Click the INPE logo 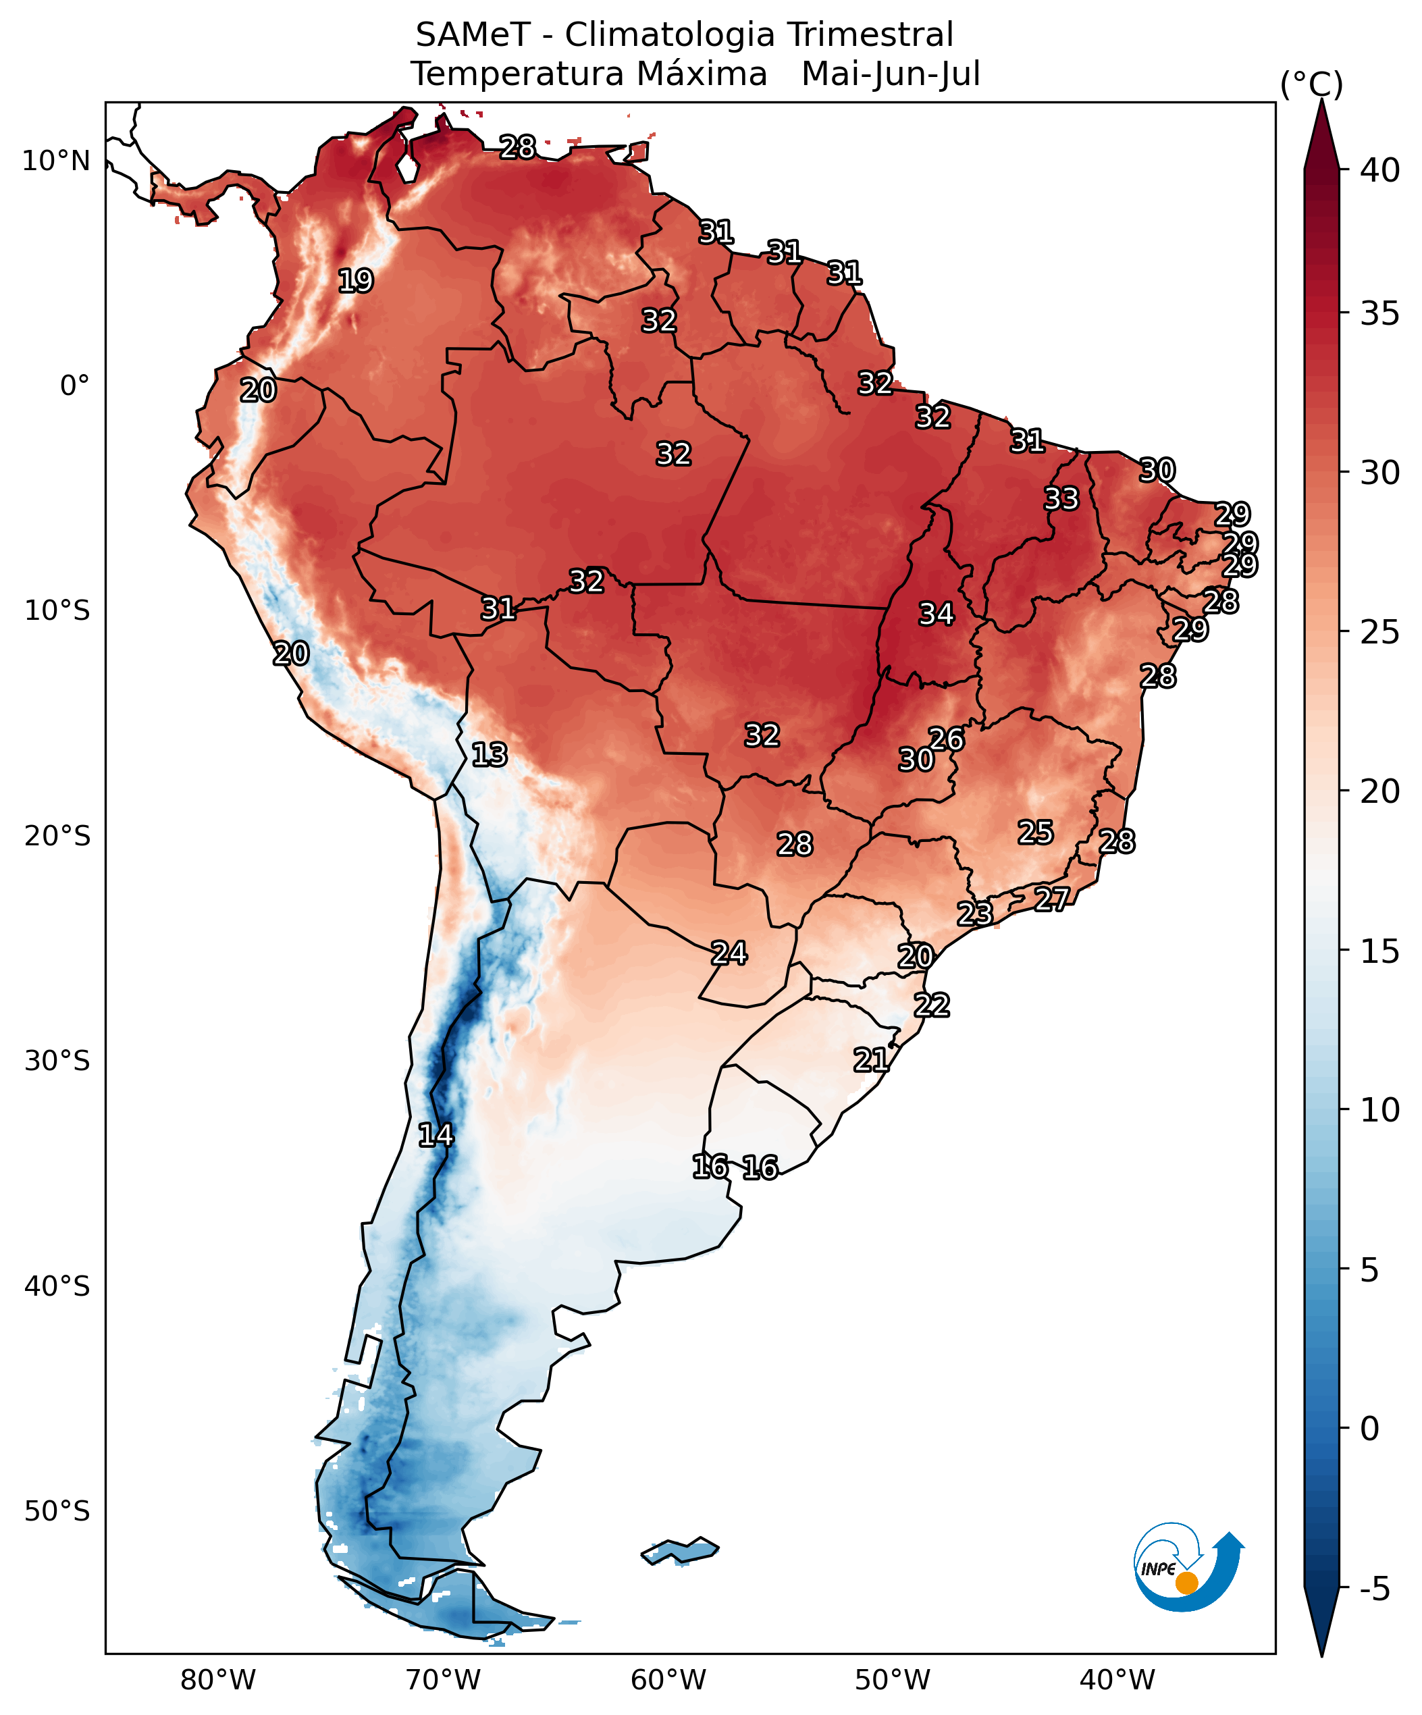click(x=1188, y=1566)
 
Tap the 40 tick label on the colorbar click(x=1379, y=171)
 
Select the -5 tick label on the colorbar click(x=1375, y=1589)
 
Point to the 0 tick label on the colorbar click(x=1370, y=1428)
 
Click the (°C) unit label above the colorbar click(x=1311, y=85)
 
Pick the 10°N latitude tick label click(x=55, y=161)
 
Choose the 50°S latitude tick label click(x=56, y=1511)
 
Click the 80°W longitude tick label click(x=218, y=1679)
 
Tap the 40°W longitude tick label click(x=1117, y=1679)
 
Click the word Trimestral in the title click(x=870, y=35)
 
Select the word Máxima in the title click(x=701, y=74)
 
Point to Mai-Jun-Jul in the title click(x=891, y=74)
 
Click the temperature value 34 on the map click(x=936, y=613)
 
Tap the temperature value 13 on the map click(x=490, y=754)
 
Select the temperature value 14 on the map click(x=436, y=1134)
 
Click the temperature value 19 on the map click(x=355, y=280)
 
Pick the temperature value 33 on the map click(x=1061, y=498)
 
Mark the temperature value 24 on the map click(x=729, y=952)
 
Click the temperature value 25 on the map click(x=1035, y=833)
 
